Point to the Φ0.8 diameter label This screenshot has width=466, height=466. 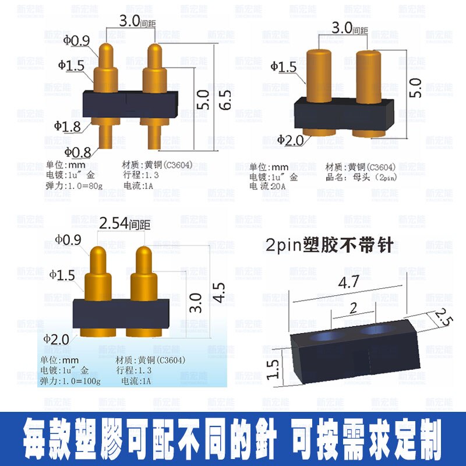tap(78, 152)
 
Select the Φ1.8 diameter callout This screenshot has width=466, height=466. tap(68, 125)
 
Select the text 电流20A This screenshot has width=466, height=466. tap(270, 186)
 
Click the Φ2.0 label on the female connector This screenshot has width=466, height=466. tap(290, 140)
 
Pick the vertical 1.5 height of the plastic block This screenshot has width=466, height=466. tap(275, 368)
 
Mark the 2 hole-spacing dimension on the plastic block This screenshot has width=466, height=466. tap(353, 308)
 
